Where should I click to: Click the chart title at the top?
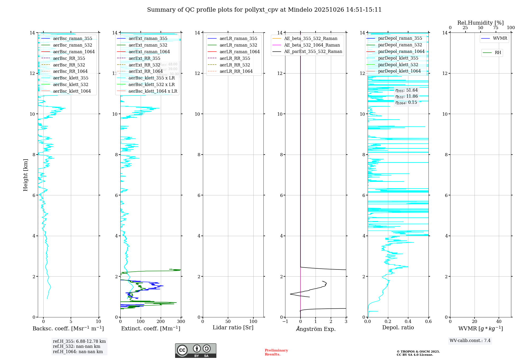coord(264,10)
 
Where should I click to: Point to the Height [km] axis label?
coord(25,175)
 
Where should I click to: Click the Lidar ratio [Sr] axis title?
coord(233,328)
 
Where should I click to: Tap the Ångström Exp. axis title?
coord(316,329)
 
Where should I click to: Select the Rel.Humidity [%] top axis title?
coord(480,23)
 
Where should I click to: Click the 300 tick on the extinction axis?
coord(181,322)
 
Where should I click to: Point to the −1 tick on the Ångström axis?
coord(285,322)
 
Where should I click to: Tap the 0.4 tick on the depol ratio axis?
coord(408,322)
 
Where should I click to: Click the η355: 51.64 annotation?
coord(407,90)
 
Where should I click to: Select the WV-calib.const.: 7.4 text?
coord(470,341)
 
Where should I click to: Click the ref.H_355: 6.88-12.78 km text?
coord(79,341)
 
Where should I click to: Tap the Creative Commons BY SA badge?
coord(195,350)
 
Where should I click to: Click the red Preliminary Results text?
coord(276,352)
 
